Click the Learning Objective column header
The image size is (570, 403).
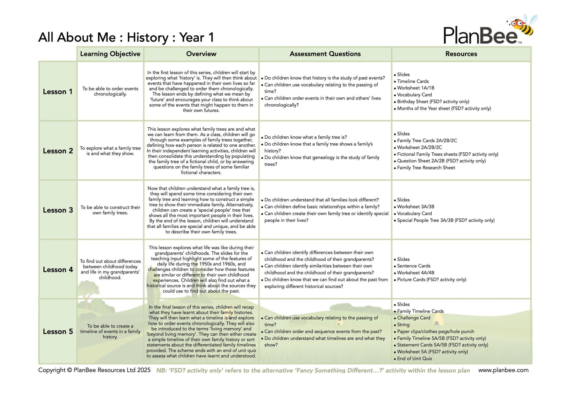pyautogui.click(x=110, y=54)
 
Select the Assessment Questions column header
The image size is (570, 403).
pyautogui.click(x=325, y=54)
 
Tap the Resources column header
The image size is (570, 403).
pyautogui.click(x=461, y=54)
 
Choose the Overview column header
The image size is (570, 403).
pyautogui.click(x=201, y=54)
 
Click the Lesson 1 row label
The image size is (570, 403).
pyautogui.click(x=57, y=92)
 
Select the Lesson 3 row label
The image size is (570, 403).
pyautogui.click(x=57, y=210)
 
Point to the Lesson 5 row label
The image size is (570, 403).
pyautogui.click(x=57, y=332)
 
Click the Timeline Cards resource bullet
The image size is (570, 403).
pyautogui.click(x=413, y=81)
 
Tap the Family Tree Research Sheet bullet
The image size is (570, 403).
pyautogui.click(x=426, y=168)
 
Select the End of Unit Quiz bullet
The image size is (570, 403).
pyautogui.click(x=414, y=359)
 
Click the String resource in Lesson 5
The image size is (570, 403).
pyautogui.click(x=403, y=325)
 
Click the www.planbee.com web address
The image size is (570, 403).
pyautogui.click(x=503, y=370)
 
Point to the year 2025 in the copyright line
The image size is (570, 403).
pyautogui.click(x=144, y=370)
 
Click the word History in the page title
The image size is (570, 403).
pyautogui.click(x=147, y=38)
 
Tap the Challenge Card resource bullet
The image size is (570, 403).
pyautogui.click(x=413, y=318)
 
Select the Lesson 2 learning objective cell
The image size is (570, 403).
pyautogui.click(x=110, y=151)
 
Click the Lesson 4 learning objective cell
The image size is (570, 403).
pyautogui.click(x=110, y=269)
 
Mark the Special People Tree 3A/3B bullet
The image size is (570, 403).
pyautogui.click(x=445, y=220)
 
